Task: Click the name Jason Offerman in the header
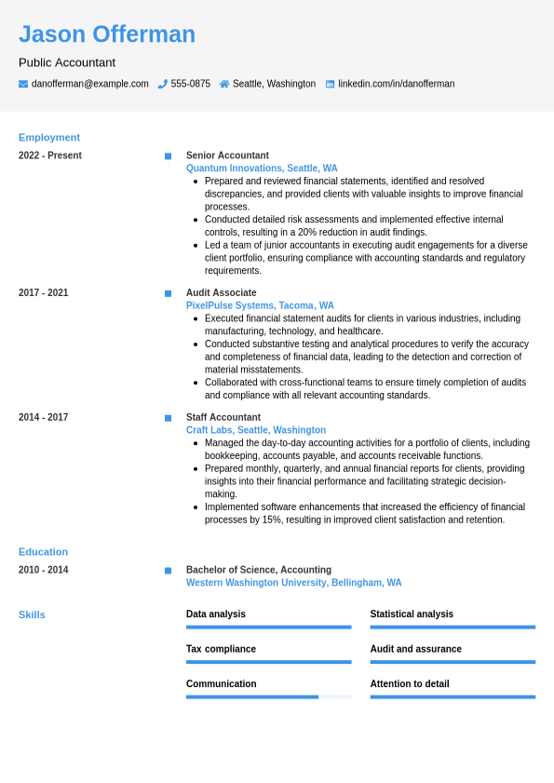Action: [x=107, y=34]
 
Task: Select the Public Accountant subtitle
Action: [x=67, y=62]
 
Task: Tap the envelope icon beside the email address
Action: [x=23, y=84]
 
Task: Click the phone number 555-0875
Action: [x=190, y=84]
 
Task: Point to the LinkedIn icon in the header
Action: [x=330, y=84]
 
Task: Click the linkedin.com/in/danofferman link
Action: [x=396, y=84]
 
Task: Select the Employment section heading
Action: [x=49, y=137]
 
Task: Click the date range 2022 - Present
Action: [x=50, y=155]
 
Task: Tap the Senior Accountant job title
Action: [x=227, y=155]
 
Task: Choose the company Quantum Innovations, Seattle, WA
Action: [x=262, y=169]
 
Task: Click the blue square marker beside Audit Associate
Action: [x=168, y=293]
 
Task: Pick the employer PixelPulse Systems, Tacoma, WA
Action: [x=260, y=305]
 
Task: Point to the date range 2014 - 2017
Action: [x=43, y=417]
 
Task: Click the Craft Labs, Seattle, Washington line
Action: [x=256, y=430]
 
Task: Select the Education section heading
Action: [x=43, y=551]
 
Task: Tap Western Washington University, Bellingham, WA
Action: [x=293, y=583]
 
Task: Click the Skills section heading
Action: [x=32, y=614]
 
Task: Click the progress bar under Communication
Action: [x=268, y=696]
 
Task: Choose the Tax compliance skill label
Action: [x=221, y=649]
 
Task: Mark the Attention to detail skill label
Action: [x=409, y=683]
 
